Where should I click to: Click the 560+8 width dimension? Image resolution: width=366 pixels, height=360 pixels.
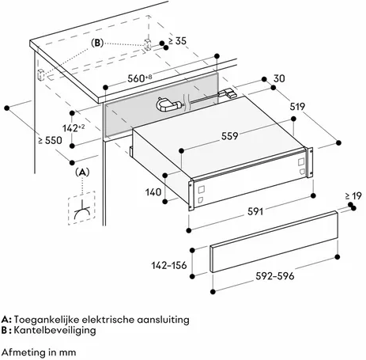coord(140,78)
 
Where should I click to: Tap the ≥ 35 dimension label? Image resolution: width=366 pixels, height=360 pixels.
coord(177,41)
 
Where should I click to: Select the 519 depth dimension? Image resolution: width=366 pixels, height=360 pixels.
coord(297,107)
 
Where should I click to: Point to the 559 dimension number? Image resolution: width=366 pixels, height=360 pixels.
coord(230,136)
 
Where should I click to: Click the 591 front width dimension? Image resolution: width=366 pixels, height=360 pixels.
coord(255,211)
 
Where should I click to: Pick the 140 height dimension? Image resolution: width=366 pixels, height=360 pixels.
coord(153,192)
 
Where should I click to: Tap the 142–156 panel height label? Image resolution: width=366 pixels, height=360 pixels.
coord(169,265)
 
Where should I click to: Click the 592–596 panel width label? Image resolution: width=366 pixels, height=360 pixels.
coord(275,276)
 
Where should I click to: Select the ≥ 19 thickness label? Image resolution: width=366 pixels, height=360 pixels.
coord(353,196)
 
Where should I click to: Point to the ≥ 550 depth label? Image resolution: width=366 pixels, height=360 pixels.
coord(51,140)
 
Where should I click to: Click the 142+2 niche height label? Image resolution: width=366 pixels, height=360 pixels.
coord(74,128)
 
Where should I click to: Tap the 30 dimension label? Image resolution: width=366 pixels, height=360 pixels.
coord(279,78)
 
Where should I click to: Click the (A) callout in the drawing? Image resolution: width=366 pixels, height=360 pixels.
coord(82,172)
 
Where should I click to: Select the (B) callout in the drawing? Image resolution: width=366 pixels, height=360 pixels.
coord(97,43)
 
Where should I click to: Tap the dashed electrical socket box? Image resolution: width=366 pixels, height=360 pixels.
coord(81,208)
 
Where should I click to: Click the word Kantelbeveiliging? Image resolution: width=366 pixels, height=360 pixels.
coord(55,330)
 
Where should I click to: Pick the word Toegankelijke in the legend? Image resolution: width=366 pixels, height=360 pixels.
coord(47,320)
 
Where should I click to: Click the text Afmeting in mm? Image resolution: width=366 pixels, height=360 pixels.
coord(39,352)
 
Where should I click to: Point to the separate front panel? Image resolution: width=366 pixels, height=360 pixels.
coord(274,241)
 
